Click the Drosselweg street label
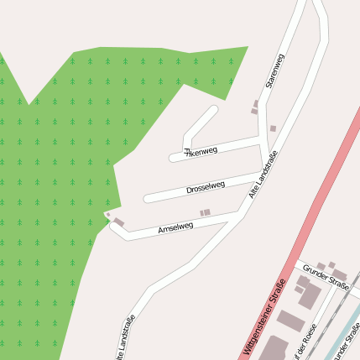pos(205,188)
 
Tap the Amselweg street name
pos(175,227)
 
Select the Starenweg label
pos(274,70)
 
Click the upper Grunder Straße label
pos(326,274)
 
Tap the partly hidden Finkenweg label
pos(201,152)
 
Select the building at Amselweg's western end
pos(118,222)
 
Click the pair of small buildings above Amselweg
pos(205,213)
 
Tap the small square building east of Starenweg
pos(273,128)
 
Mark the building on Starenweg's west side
pos(255,107)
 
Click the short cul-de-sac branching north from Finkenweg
pos(200,124)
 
